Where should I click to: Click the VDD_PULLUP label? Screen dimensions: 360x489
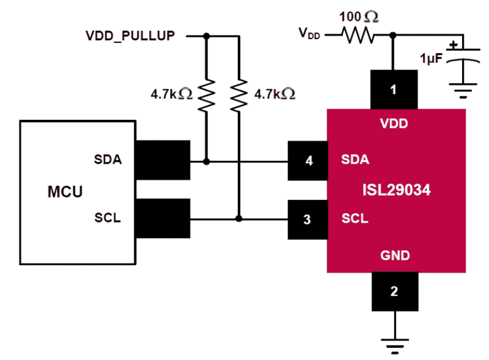(130, 36)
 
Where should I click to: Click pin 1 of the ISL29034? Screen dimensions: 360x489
(394, 90)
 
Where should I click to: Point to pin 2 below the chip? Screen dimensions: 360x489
(394, 291)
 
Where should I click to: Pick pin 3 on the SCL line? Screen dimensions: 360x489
(307, 220)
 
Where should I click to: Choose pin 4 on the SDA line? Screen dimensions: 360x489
(309, 161)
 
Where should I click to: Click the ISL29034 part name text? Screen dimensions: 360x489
(397, 191)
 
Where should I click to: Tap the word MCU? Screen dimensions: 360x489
(65, 191)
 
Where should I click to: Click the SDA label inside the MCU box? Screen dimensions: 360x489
(108, 159)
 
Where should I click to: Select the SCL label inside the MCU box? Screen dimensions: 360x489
(107, 218)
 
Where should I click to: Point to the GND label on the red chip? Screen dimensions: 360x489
(395, 256)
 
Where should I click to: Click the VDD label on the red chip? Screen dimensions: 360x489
(394, 125)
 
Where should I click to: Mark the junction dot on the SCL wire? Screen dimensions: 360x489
(239, 219)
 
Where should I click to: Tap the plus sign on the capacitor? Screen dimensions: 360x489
(453, 46)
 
